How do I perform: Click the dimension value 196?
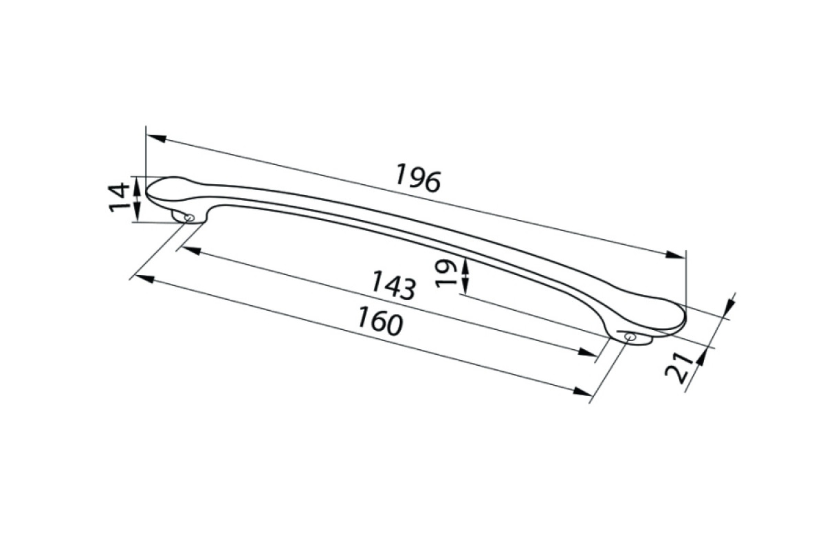click(417, 179)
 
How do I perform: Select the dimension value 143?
click(393, 285)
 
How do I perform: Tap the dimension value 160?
click(380, 321)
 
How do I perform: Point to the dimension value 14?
click(119, 198)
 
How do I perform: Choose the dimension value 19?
click(446, 273)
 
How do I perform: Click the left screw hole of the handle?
click(190, 218)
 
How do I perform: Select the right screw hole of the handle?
click(630, 337)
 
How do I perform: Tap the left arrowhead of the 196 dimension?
click(156, 138)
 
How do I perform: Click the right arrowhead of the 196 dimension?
click(675, 254)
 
